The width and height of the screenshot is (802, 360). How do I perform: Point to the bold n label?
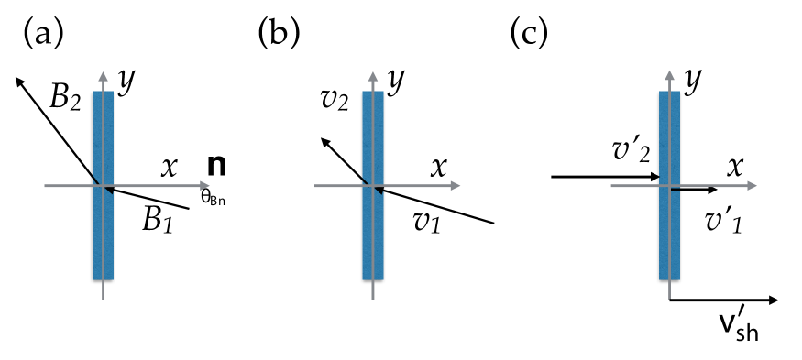pyautogui.click(x=217, y=167)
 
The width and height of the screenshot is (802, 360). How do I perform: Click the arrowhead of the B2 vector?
pyautogui.click(x=19, y=81)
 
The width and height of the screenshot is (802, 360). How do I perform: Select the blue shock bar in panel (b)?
pyautogui.click(x=373, y=183)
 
